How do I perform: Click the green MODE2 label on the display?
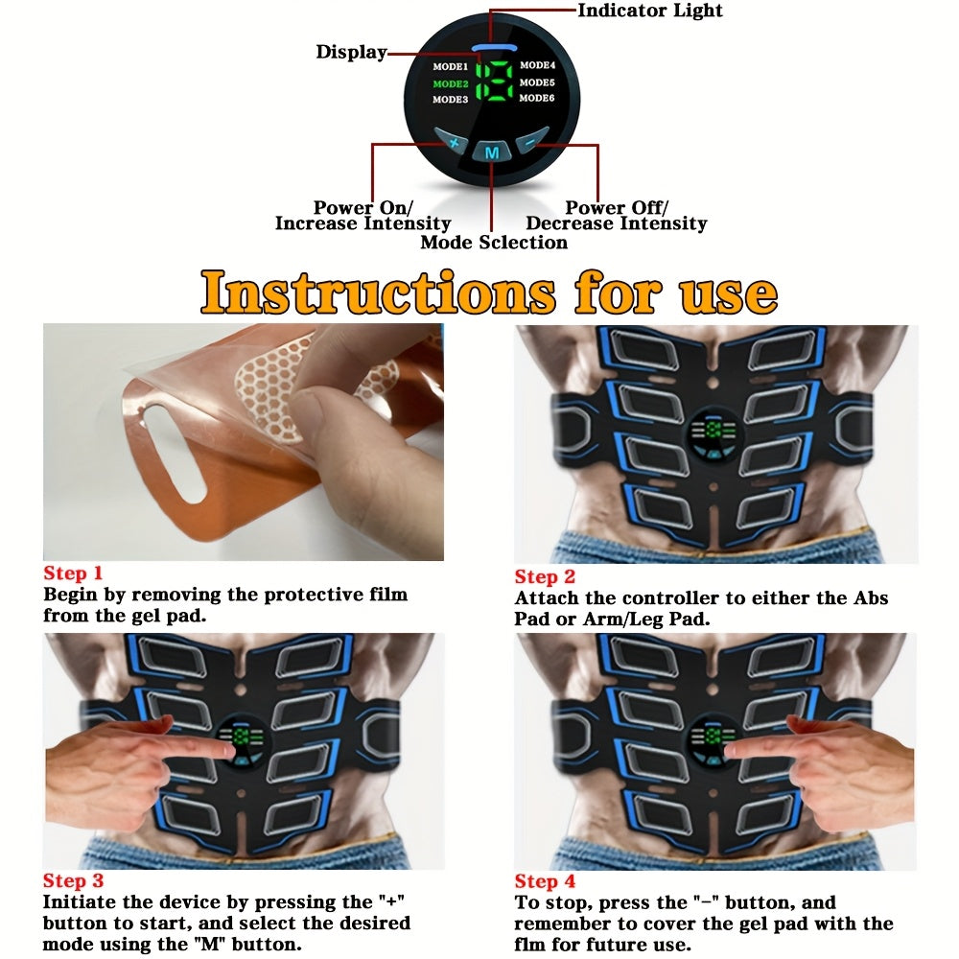(450, 82)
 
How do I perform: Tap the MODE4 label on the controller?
(537, 65)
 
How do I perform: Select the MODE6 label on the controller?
(537, 99)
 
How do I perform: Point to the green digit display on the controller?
(494, 82)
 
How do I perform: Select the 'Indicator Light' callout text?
(649, 11)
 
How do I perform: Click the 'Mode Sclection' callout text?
(494, 243)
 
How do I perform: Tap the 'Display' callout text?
(351, 52)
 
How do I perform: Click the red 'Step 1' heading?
(73, 573)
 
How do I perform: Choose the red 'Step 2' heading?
(545, 576)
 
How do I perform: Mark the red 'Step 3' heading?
(73, 881)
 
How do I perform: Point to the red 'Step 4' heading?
(545, 881)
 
